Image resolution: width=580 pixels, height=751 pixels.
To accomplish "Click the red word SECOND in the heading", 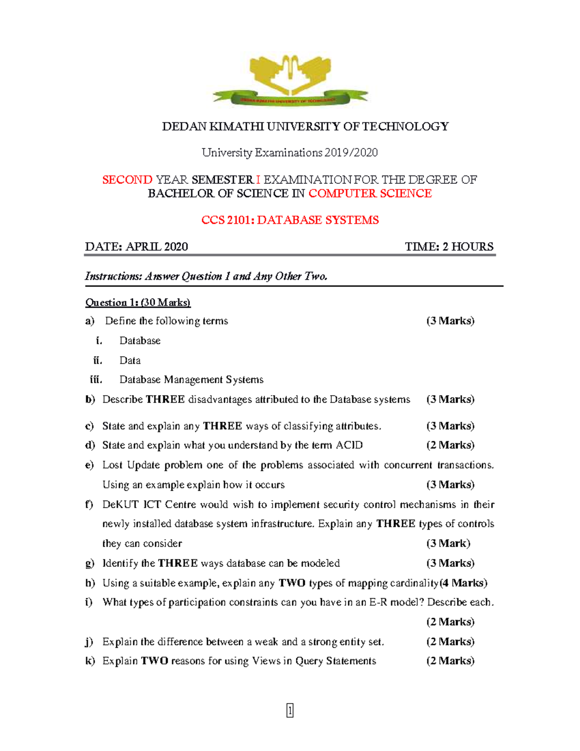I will click(x=127, y=180).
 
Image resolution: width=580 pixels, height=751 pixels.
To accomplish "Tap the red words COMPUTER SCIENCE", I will click(x=370, y=193).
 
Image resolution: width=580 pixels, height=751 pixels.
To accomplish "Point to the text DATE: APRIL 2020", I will click(x=136, y=247).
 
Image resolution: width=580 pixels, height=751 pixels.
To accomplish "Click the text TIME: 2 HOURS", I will click(x=449, y=247).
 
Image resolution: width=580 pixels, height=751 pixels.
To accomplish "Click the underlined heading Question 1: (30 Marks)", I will click(x=138, y=303).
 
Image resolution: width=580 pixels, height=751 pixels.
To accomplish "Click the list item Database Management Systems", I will click(x=191, y=380).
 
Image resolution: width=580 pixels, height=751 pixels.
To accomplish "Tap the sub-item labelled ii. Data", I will click(x=130, y=360).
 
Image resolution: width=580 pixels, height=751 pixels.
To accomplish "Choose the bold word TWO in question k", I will click(x=155, y=661).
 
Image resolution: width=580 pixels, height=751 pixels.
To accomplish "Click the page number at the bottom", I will click(x=290, y=710).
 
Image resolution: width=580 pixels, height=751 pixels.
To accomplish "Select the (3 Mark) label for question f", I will click(x=448, y=544).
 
